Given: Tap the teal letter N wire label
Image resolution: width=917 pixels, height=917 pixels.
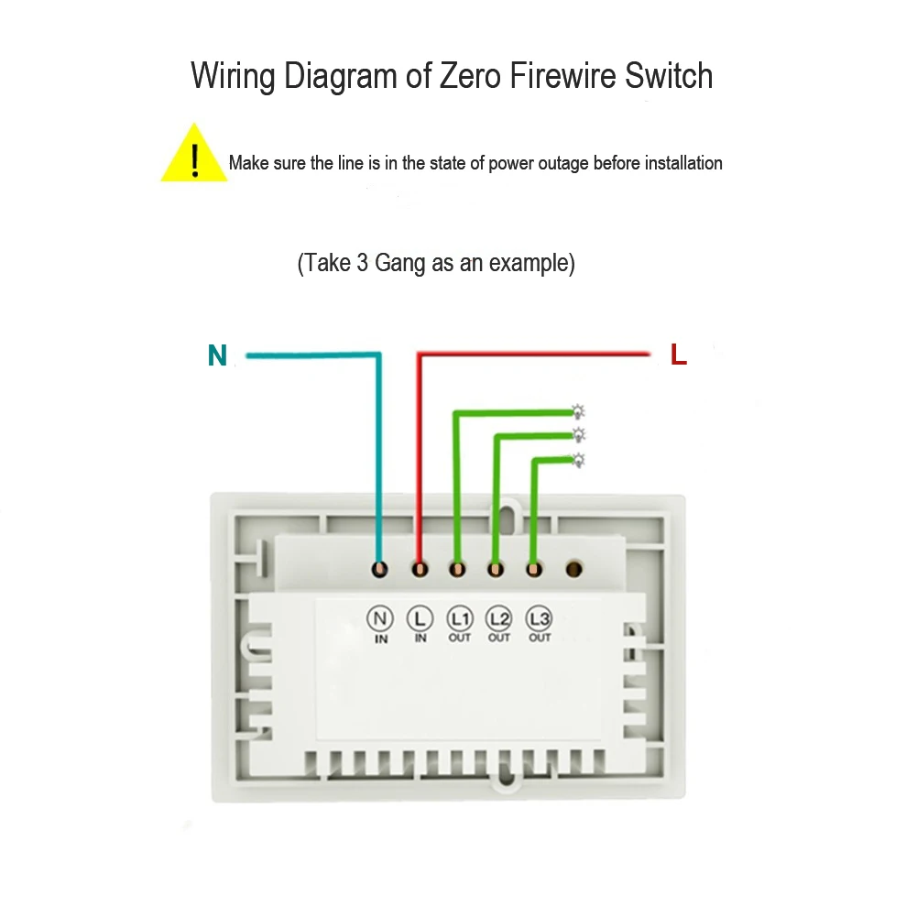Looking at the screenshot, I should pyautogui.click(x=217, y=355).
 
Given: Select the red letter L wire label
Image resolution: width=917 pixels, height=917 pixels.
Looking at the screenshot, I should pyautogui.click(x=678, y=355).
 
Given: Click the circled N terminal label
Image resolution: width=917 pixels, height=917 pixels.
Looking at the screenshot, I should pyautogui.click(x=379, y=617).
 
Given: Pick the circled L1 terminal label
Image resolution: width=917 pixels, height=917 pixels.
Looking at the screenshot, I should pyautogui.click(x=459, y=617).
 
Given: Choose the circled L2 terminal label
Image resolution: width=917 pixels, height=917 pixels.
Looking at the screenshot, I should pyautogui.click(x=498, y=617).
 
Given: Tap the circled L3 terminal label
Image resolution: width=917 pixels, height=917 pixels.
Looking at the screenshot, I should pyautogui.click(x=539, y=617).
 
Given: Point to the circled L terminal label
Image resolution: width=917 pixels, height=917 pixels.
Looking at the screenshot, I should pyautogui.click(x=420, y=617).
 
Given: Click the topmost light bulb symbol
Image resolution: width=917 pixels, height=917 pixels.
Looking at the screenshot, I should pyautogui.click(x=578, y=411).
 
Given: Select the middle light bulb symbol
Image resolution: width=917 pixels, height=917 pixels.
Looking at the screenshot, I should pyautogui.click(x=578, y=434).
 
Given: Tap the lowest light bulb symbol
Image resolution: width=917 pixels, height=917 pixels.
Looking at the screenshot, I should pyautogui.click(x=578, y=460).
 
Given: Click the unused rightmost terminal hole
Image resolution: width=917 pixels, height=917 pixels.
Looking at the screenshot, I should pyautogui.click(x=574, y=570).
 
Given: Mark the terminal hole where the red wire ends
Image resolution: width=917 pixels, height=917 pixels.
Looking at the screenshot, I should pyautogui.click(x=420, y=570).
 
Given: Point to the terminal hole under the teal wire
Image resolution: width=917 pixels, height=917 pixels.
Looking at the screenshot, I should pyautogui.click(x=380, y=570).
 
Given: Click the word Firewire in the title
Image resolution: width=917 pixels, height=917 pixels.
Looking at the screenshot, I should pyautogui.click(x=558, y=75).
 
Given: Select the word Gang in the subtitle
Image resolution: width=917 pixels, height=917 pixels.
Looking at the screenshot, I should pyautogui.click(x=400, y=264).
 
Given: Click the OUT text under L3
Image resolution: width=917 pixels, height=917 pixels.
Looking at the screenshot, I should pyautogui.click(x=540, y=638).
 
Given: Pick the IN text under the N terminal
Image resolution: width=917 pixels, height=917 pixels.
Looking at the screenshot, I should pyautogui.click(x=381, y=639).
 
